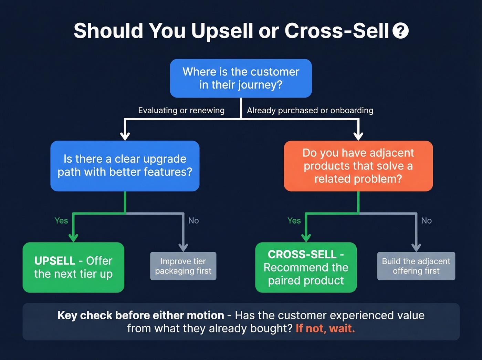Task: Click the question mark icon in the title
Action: click(400, 31)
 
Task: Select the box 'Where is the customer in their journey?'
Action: click(241, 78)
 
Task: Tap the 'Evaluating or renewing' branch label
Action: click(181, 111)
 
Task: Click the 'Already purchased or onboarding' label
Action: click(310, 111)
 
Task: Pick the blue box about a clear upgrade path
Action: click(125, 166)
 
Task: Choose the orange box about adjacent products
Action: click(358, 166)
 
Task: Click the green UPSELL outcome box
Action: click(73, 267)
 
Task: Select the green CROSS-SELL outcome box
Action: click(306, 267)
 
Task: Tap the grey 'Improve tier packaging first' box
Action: click(183, 266)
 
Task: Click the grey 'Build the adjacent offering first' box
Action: click(416, 266)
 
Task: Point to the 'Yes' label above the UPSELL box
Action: click(61, 220)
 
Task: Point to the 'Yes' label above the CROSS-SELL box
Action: click(294, 220)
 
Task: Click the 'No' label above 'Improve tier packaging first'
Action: click(193, 220)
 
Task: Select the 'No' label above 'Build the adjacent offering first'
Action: click(426, 220)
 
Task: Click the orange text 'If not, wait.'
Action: click(325, 328)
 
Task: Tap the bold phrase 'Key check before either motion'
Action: click(141, 315)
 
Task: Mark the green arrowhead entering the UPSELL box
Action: click(73, 238)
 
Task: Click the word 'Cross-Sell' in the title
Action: click(336, 31)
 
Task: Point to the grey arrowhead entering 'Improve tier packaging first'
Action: click(183, 247)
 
